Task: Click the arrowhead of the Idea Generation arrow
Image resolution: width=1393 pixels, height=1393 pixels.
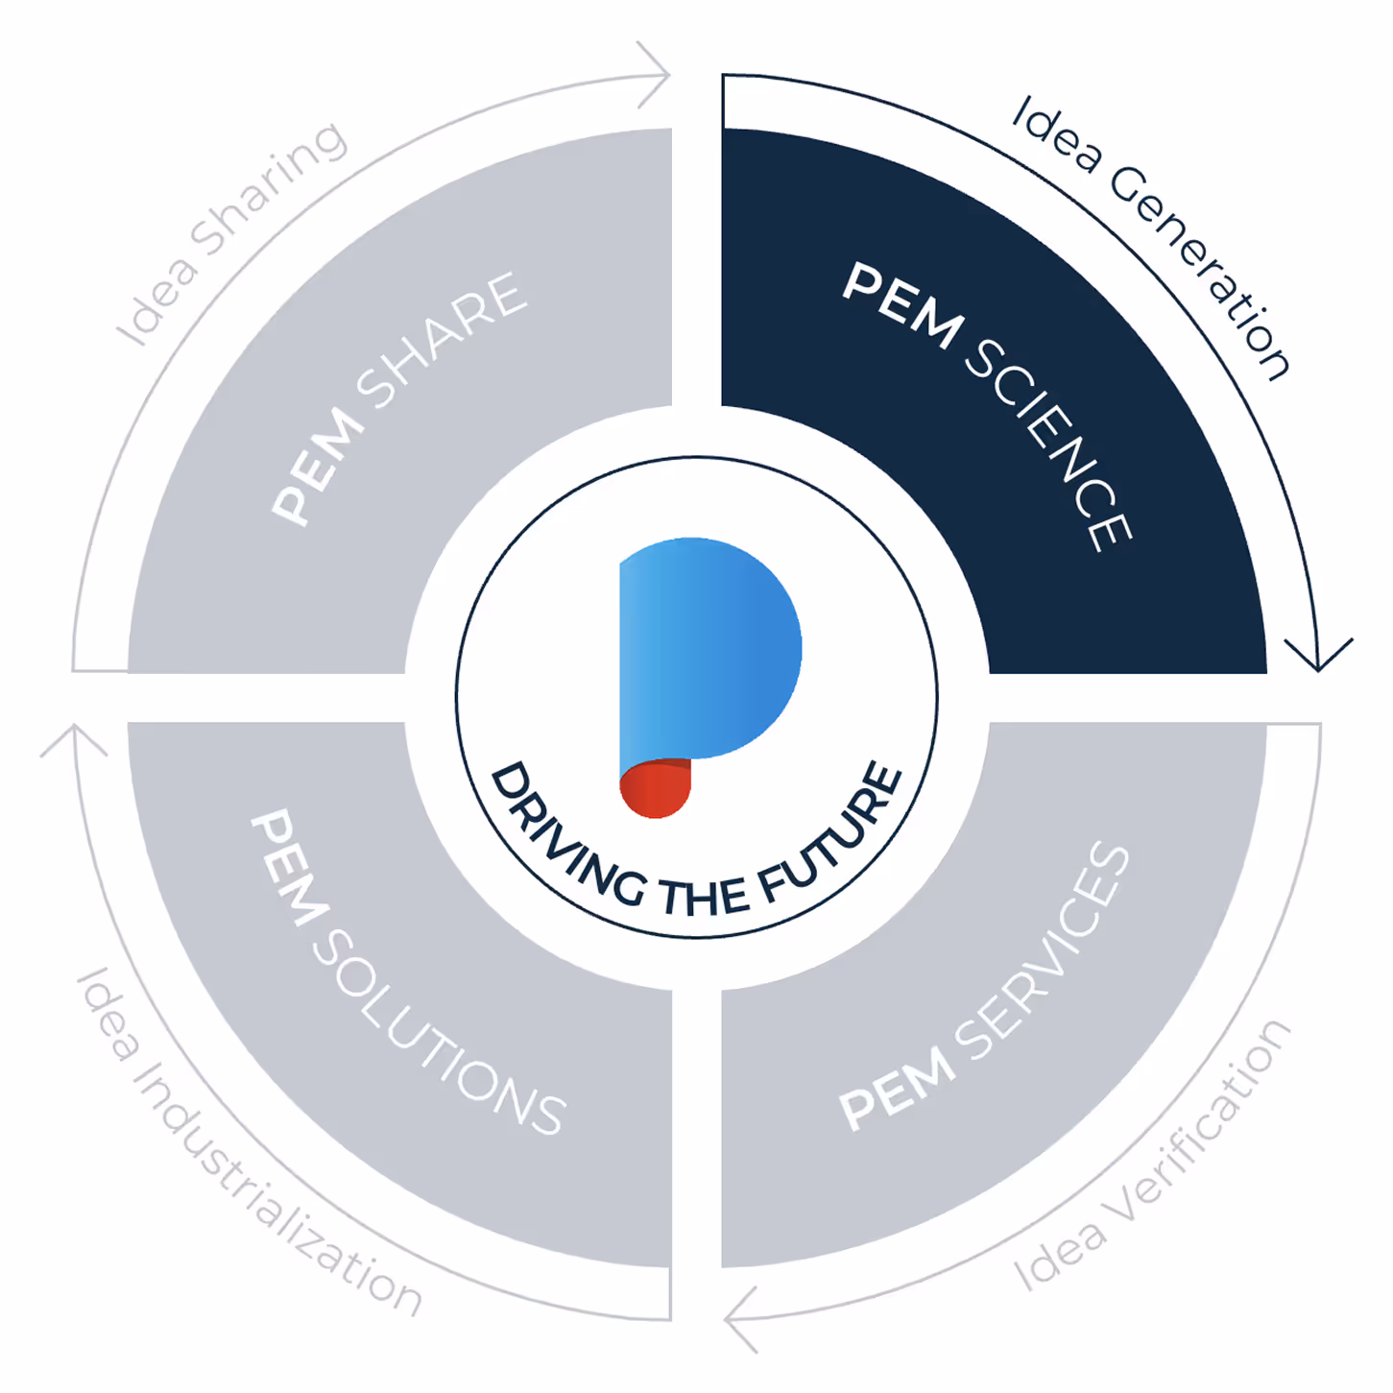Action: click(x=1319, y=658)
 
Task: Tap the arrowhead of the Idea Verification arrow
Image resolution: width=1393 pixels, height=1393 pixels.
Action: click(x=741, y=1321)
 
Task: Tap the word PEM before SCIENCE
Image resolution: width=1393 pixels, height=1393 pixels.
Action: click(x=901, y=306)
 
